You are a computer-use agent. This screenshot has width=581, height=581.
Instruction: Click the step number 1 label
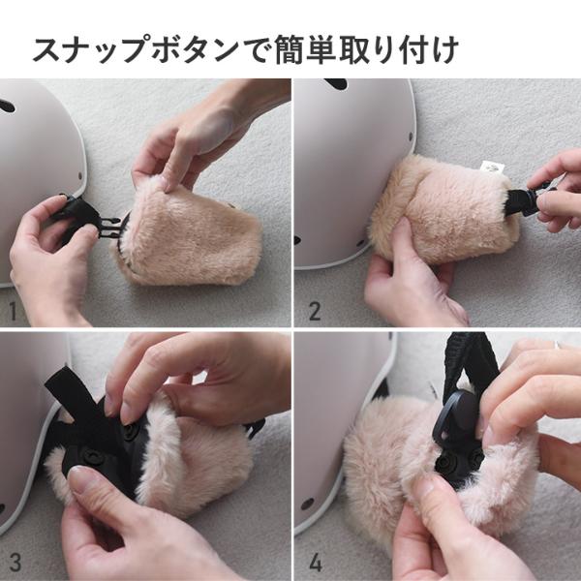point(13,312)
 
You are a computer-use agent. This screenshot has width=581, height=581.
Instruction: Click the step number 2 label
point(315,312)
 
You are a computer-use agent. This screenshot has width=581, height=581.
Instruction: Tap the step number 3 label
point(15,562)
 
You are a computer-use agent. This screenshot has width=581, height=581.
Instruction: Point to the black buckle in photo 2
point(528,201)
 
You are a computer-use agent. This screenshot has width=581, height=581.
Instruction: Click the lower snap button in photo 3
point(90,454)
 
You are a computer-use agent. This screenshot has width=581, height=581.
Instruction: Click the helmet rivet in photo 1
point(80,175)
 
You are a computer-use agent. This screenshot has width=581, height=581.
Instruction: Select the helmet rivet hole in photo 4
point(307,504)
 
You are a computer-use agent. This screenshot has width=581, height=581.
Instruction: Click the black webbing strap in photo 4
point(468,363)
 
